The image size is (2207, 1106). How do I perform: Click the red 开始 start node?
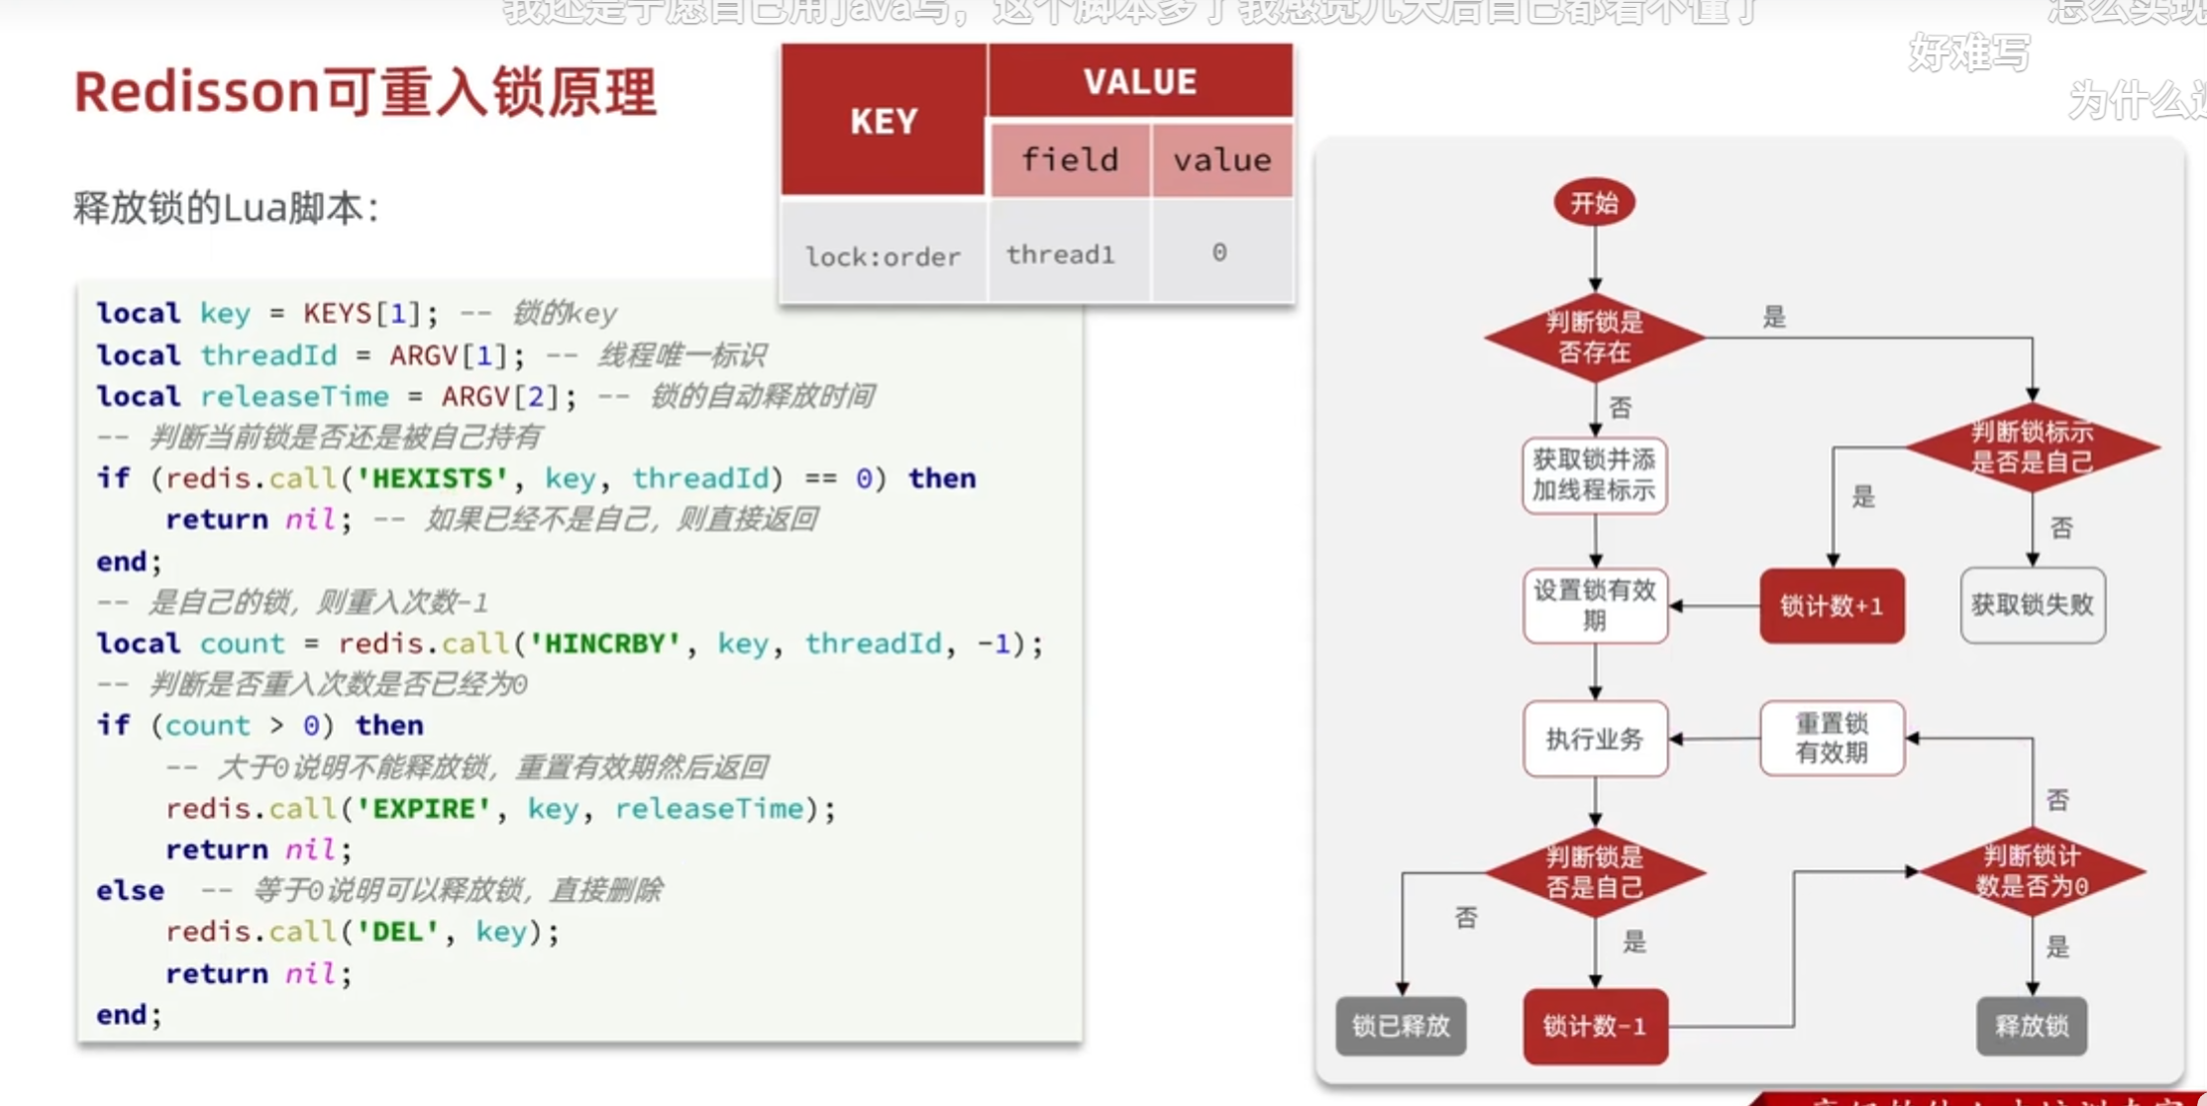click(x=1594, y=203)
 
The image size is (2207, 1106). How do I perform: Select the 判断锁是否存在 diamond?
click(x=1594, y=337)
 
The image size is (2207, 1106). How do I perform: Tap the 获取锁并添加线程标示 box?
click(x=1594, y=474)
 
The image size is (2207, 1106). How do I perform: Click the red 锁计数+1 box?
click(x=1832, y=605)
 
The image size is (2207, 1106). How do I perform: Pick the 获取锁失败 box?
click(x=2033, y=605)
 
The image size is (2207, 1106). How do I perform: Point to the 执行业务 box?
click(x=1595, y=739)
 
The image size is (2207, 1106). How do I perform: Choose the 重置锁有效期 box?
click(x=1832, y=739)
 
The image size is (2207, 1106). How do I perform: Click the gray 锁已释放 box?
click(x=1401, y=1026)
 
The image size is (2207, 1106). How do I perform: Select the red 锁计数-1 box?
click(x=1595, y=1026)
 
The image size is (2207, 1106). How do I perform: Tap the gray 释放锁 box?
click(x=2032, y=1026)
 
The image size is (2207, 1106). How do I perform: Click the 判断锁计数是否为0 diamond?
click(x=2032, y=871)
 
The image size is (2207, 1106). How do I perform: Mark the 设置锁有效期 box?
click(x=1595, y=605)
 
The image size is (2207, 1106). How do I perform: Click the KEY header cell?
click(x=884, y=121)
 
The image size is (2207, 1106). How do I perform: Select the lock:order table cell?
click(x=883, y=256)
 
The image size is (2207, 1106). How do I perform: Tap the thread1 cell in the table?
click(x=1061, y=254)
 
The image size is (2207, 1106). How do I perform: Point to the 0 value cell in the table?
click(x=1219, y=253)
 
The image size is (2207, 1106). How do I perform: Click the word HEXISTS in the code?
click(x=432, y=479)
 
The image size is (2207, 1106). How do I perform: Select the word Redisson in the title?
click(x=196, y=92)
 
